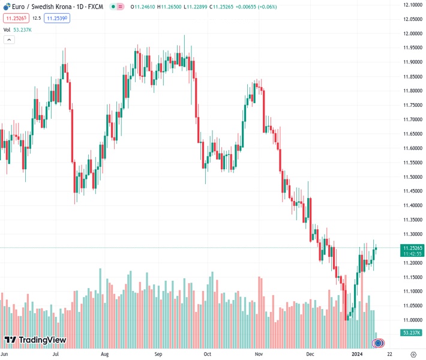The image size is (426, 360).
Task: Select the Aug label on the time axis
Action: point(104,354)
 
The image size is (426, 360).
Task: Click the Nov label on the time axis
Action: point(259,354)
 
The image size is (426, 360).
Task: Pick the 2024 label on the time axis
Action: point(358,354)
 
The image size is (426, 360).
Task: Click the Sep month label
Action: point(158,354)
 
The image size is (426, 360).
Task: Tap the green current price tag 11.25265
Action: point(413,248)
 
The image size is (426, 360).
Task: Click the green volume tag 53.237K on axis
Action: point(412,332)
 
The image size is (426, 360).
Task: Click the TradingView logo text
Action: point(42,340)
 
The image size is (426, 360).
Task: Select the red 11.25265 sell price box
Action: point(14,19)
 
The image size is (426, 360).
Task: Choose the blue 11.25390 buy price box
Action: point(58,19)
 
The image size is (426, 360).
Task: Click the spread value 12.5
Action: point(36,19)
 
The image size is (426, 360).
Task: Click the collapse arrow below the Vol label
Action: point(9,40)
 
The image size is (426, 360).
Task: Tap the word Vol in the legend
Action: point(7,29)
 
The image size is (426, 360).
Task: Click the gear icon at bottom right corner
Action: point(413,354)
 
